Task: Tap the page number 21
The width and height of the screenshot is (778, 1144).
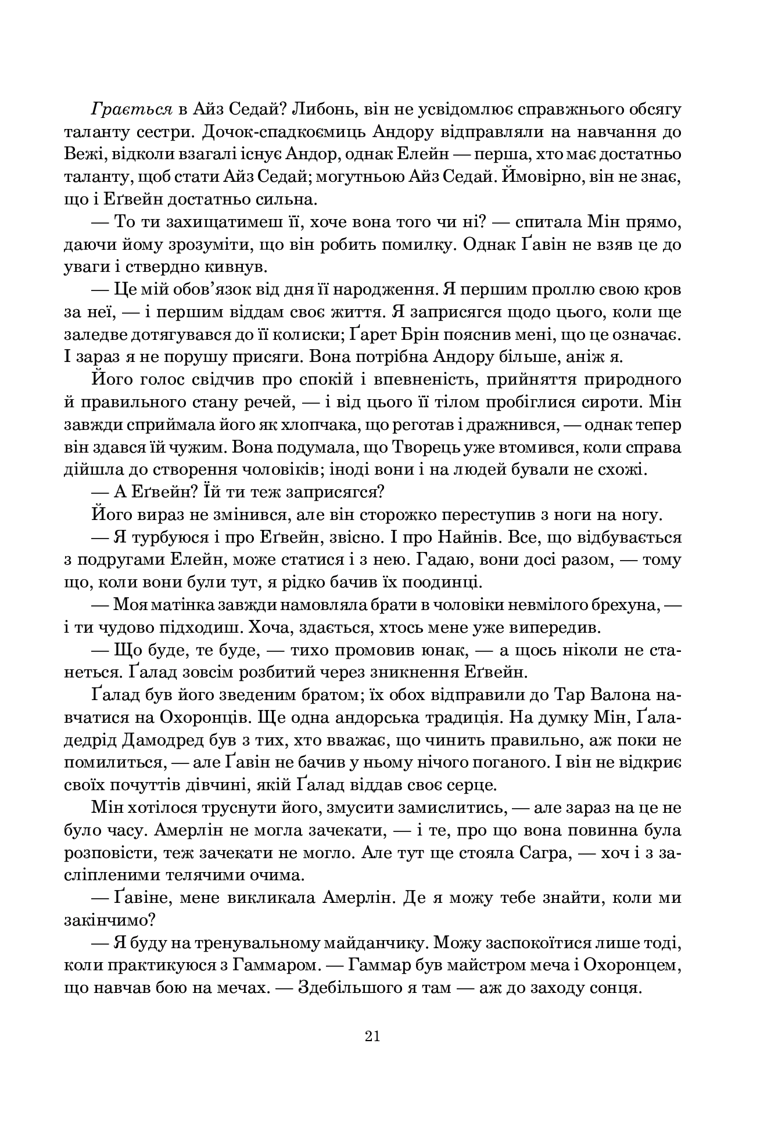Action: pyautogui.click(x=372, y=1036)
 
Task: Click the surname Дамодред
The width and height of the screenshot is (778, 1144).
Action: pyautogui.click(x=196, y=740)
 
